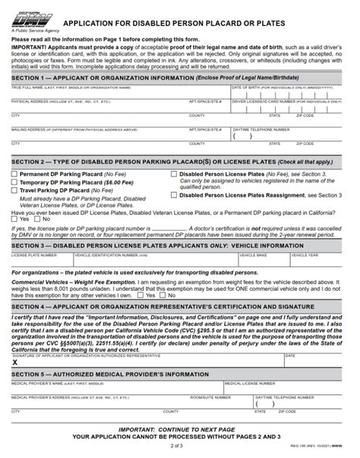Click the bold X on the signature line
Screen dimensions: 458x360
point(15,363)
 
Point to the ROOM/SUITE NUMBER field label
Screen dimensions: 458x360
point(210,396)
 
